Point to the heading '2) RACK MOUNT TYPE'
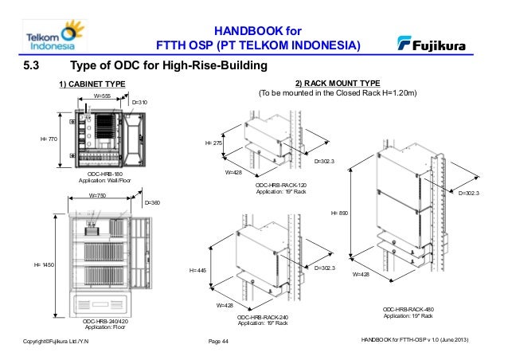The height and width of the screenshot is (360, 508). tap(338, 83)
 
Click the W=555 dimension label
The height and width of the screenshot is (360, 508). tap(102, 95)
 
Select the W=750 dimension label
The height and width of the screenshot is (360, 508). tap(97, 194)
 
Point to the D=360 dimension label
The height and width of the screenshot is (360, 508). tap(152, 203)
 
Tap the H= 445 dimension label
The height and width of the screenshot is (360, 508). tap(197, 271)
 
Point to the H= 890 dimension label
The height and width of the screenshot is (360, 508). tap(339, 213)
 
